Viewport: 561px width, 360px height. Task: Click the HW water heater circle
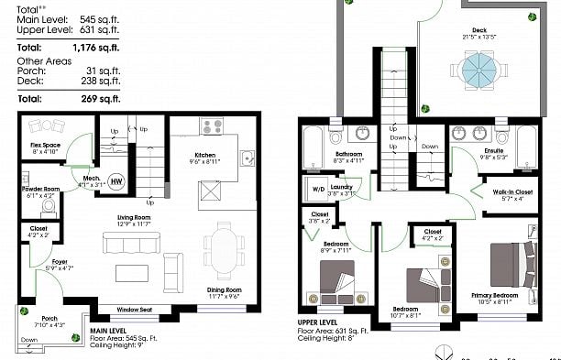coord(116,180)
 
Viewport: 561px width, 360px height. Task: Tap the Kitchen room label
coord(204,156)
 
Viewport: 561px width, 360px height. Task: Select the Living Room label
coord(133,218)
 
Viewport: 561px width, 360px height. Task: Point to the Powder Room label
coord(40,191)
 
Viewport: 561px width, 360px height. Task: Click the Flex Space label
coord(46,147)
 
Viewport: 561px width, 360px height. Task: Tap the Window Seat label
coord(135,311)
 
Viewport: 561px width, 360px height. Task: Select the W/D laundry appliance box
coord(319,191)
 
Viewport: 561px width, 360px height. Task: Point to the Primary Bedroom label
coord(495,296)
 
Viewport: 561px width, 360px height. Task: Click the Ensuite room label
coord(468,151)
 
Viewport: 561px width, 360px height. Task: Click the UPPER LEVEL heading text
coord(320,322)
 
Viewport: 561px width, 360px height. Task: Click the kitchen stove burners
coord(213,127)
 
